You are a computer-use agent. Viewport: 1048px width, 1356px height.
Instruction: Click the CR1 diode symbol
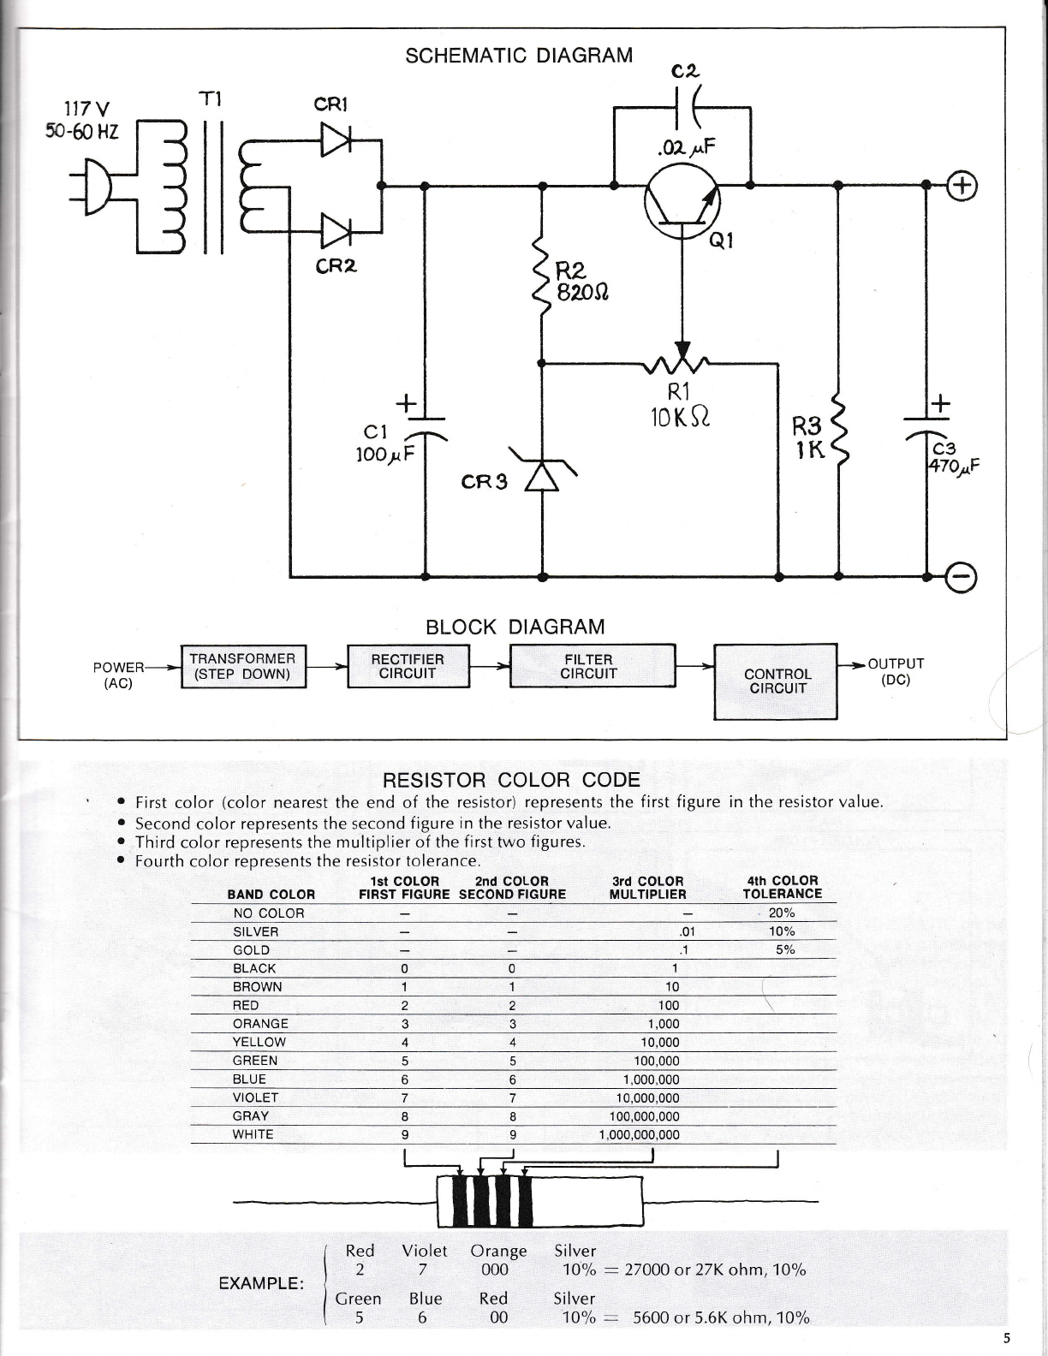point(336,140)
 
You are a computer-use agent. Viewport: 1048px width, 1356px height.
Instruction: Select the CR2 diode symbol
point(336,231)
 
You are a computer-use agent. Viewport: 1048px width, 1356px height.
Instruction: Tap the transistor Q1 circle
point(682,201)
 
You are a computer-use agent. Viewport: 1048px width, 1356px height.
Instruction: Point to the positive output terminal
point(962,185)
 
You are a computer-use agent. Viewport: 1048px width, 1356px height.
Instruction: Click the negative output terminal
point(962,577)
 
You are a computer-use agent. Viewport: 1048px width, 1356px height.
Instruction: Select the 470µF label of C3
point(953,466)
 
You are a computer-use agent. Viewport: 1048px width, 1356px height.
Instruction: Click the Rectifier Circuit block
point(408,667)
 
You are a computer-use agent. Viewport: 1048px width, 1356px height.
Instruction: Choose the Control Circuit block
point(776,681)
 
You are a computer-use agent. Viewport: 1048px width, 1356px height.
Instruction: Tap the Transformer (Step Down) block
point(243,667)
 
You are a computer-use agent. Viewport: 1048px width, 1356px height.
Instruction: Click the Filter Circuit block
point(592,666)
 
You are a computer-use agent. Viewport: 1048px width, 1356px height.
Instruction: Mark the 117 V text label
point(86,109)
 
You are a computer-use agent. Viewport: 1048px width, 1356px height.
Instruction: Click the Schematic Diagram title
point(519,56)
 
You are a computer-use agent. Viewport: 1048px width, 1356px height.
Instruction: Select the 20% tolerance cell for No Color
point(782,913)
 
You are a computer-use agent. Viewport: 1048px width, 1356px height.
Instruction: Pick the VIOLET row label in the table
point(255,1097)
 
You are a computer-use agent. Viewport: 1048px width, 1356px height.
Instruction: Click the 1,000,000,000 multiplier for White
point(640,1135)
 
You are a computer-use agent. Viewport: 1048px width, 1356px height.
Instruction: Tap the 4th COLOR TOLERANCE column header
point(783,887)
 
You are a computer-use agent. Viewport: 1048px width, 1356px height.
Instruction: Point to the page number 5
point(1007,1337)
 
